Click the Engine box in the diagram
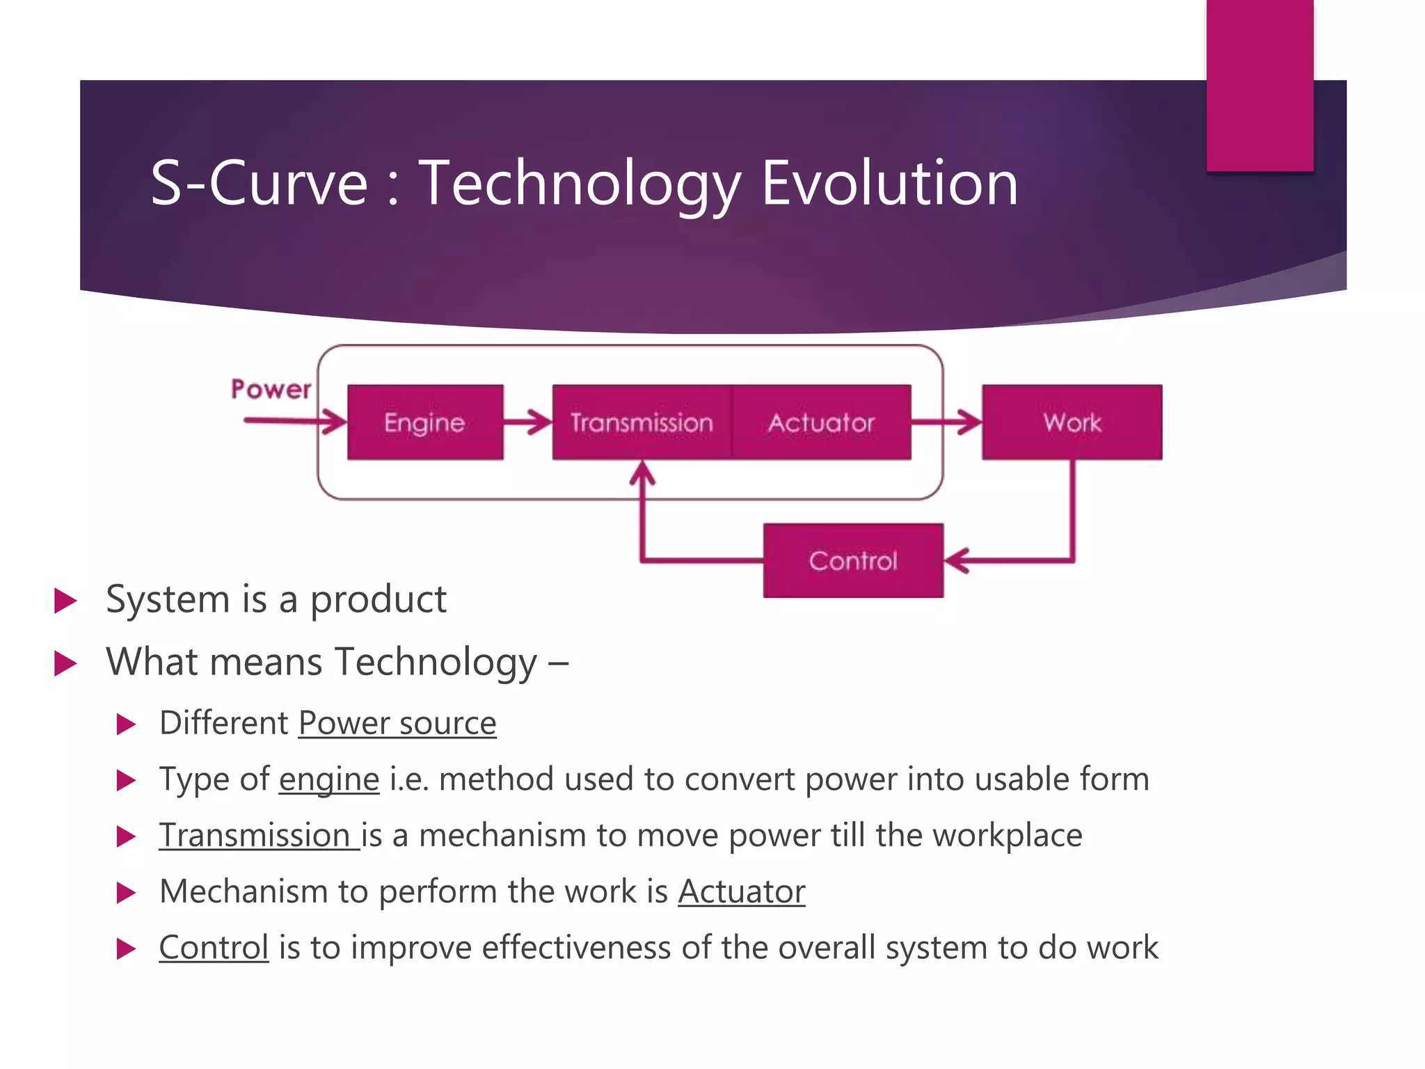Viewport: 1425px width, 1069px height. tap(425, 422)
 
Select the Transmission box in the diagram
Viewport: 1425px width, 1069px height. tap(642, 422)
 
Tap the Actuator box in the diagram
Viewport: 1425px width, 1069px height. tap(821, 422)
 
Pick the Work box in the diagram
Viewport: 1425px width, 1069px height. tap(1072, 422)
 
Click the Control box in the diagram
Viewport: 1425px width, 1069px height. tap(853, 560)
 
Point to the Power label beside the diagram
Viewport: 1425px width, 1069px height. tap(271, 390)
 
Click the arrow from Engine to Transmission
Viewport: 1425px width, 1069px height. tap(527, 422)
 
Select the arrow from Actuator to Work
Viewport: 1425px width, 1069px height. tap(946, 422)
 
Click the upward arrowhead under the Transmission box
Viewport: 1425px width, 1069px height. tap(642, 473)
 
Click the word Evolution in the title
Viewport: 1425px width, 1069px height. tap(889, 183)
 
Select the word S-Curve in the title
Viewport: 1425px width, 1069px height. tap(259, 183)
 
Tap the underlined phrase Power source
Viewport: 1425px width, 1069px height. tap(397, 723)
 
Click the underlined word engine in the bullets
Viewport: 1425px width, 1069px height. tap(329, 779)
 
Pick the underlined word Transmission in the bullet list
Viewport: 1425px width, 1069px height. tap(255, 835)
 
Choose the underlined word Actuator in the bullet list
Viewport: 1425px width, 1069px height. tap(742, 892)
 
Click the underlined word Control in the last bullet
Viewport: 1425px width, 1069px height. tap(214, 948)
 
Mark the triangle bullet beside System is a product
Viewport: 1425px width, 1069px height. tap(65, 601)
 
